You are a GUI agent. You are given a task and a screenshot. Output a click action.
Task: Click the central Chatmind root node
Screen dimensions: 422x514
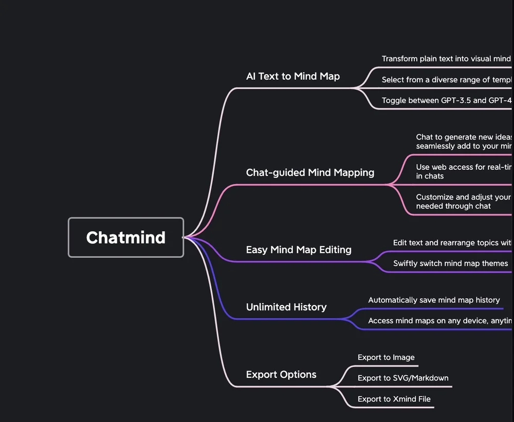126,237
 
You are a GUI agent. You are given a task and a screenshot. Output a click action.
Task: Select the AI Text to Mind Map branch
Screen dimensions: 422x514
293,76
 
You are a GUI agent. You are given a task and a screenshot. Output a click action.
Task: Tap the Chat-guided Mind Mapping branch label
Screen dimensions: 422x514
310,172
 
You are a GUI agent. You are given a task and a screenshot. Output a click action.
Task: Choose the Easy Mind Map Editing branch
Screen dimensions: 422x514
299,250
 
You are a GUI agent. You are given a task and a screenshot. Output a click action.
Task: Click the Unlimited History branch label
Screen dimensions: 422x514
286,307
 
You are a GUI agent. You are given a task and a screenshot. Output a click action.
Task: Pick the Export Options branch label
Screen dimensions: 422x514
281,374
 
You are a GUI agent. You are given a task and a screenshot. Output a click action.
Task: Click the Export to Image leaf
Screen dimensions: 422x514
386,357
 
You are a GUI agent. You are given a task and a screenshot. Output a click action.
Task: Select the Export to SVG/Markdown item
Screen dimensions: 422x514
403,378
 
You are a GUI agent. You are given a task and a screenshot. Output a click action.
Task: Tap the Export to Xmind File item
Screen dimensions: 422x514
394,399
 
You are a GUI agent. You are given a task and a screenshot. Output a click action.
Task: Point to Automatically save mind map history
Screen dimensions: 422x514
434,300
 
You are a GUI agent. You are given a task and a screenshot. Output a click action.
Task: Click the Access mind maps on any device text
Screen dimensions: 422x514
440,321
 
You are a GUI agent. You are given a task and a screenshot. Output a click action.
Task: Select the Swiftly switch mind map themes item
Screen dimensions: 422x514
450,263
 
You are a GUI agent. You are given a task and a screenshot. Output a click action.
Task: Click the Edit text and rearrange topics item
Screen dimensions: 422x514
452,242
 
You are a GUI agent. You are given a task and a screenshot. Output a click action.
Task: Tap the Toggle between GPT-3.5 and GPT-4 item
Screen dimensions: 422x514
447,100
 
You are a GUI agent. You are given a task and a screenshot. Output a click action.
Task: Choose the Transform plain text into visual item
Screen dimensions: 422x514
446,59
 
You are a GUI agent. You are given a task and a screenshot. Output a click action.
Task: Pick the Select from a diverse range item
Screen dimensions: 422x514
447,80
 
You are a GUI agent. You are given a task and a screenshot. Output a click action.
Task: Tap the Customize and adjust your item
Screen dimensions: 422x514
463,201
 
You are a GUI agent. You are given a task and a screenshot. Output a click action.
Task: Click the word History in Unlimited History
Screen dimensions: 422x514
307,307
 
